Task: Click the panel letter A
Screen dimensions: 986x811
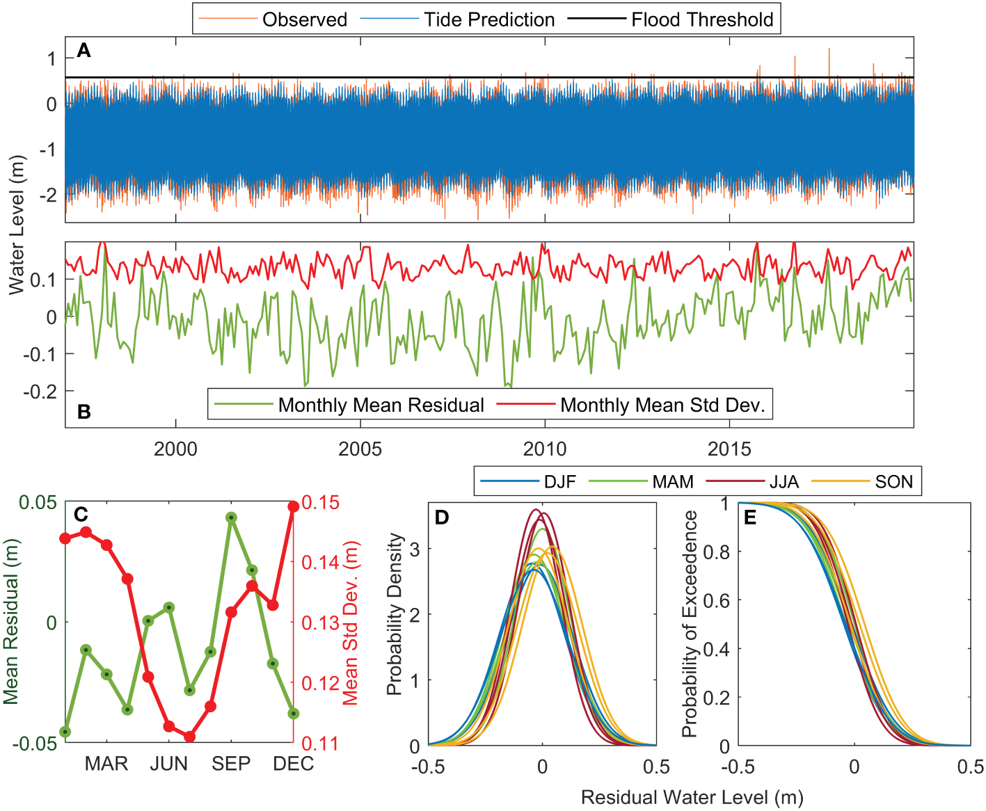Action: point(84,50)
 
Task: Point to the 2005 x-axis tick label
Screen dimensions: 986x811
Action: point(360,449)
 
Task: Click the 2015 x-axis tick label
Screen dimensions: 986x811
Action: point(729,449)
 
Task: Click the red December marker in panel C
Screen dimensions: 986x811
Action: point(293,506)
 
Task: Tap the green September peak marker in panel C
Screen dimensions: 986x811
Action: point(231,517)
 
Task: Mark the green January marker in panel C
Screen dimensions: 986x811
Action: point(65,732)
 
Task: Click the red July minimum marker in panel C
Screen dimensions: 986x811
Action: point(189,737)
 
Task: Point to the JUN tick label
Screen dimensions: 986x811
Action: point(169,764)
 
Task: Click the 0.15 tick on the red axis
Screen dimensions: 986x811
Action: point(321,502)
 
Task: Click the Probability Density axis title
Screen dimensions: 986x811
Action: point(395,614)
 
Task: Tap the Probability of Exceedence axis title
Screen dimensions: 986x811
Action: point(689,624)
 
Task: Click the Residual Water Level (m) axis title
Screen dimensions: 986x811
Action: point(692,797)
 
